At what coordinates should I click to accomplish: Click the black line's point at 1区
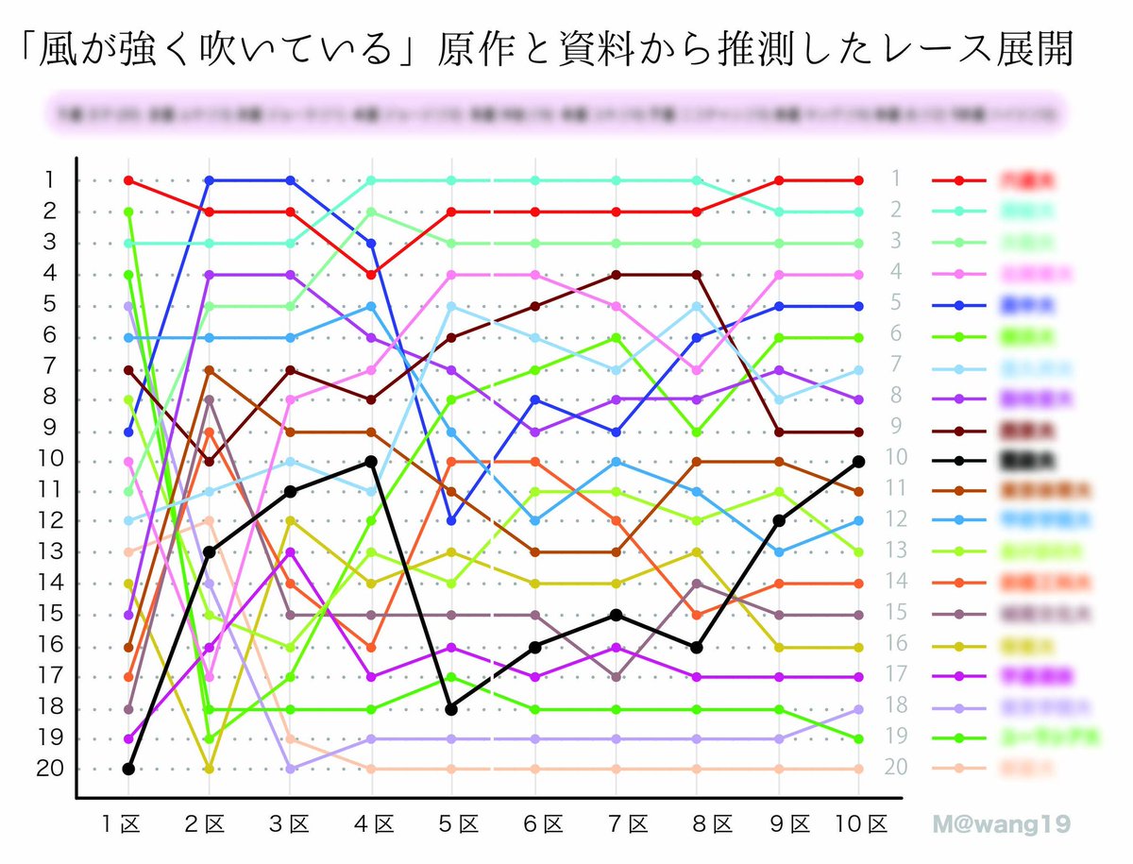pos(127,769)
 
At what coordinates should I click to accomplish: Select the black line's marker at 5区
pos(451,708)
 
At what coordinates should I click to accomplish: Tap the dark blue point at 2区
pos(209,179)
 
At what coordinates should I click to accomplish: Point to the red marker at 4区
pos(372,274)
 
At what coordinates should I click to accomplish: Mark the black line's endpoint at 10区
pos(859,461)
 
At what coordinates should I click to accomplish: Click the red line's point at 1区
pos(127,179)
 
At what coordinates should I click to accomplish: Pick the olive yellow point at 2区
pos(209,769)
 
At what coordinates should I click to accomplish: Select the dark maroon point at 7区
pos(616,274)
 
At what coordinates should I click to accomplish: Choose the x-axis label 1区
pos(121,824)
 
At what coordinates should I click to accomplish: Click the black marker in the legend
pos(959,461)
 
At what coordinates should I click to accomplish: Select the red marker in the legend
pos(959,179)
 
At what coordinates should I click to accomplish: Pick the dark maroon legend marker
pos(959,430)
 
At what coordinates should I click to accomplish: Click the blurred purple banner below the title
pos(557,112)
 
